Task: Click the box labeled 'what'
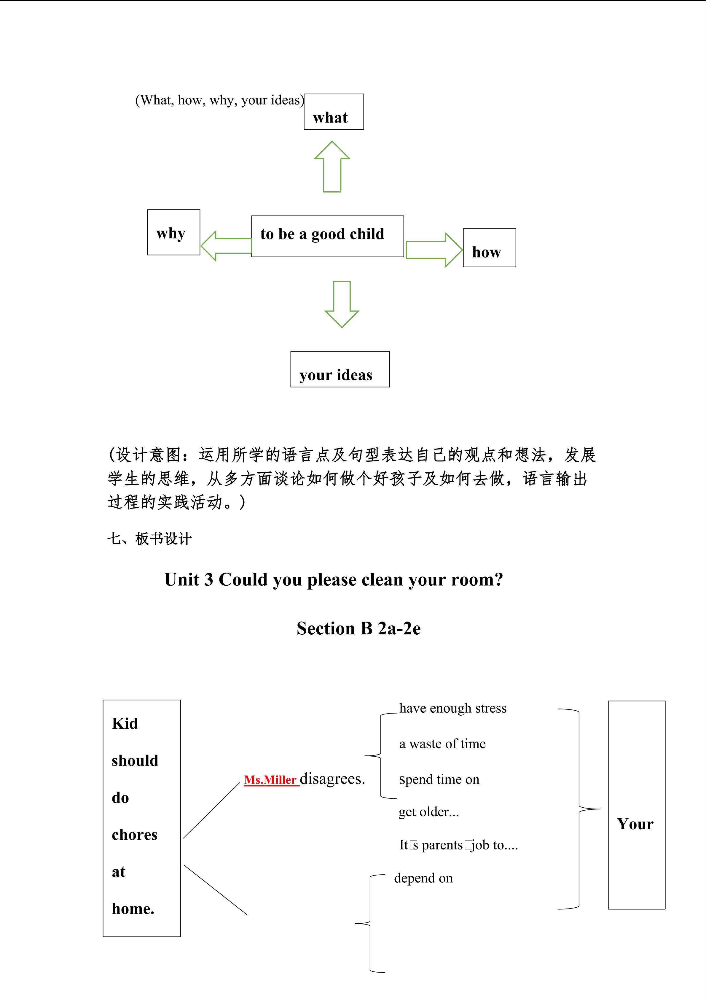pos(334,112)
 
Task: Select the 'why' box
pos(173,232)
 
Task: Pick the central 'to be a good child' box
pos(327,236)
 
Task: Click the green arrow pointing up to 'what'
pos(332,167)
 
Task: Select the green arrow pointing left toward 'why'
pos(226,246)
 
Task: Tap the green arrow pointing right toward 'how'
pos(434,250)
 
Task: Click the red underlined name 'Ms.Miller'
pos(270,780)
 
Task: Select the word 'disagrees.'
pos(332,779)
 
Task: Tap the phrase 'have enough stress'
pos(452,708)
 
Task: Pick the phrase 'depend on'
pos(423,878)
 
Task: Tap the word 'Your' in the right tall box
pos(635,824)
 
